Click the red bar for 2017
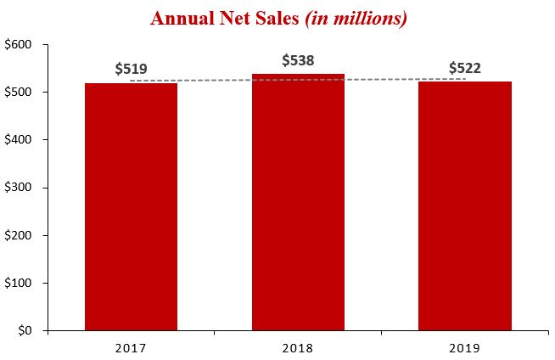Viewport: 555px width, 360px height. (131, 206)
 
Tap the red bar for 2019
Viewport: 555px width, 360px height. (465, 205)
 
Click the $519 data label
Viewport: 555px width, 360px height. (132, 70)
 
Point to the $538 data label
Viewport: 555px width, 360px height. (299, 60)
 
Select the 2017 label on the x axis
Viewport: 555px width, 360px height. (131, 348)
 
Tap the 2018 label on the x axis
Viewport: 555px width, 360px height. (298, 348)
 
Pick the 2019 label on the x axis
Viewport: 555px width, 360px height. (465, 348)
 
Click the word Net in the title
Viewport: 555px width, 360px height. (230, 18)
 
